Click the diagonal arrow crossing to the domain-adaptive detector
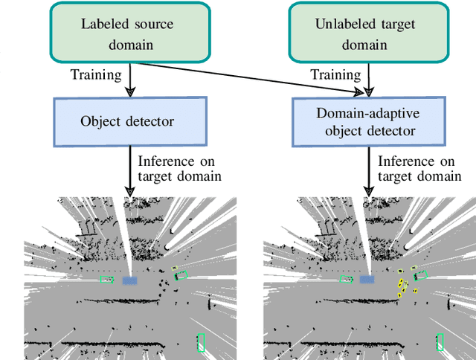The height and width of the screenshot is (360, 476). tap(245, 79)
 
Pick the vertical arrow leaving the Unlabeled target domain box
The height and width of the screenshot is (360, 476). tap(366, 79)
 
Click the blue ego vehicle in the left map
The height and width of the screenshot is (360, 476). tap(129, 280)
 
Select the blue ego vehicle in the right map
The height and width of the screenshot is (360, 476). tap(367, 279)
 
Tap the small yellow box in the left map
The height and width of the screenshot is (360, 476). tap(174, 269)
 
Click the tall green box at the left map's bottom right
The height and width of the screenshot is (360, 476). tap(200, 341)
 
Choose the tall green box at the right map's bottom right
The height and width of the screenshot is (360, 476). tap(440, 341)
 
